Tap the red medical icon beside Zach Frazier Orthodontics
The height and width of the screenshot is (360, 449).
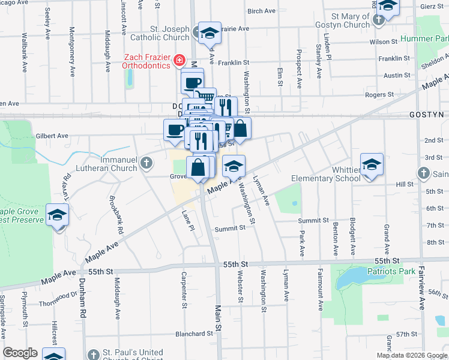pyautogui.click(x=179, y=61)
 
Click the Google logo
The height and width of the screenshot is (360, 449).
pyautogui.click(x=20, y=353)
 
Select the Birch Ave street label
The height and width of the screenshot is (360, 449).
pyautogui.click(x=261, y=11)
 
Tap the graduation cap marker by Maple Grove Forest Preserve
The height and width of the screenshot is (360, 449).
pyautogui.click(x=58, y=215)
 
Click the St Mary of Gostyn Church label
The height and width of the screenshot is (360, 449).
pyautogui.click(x=342, y=20)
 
